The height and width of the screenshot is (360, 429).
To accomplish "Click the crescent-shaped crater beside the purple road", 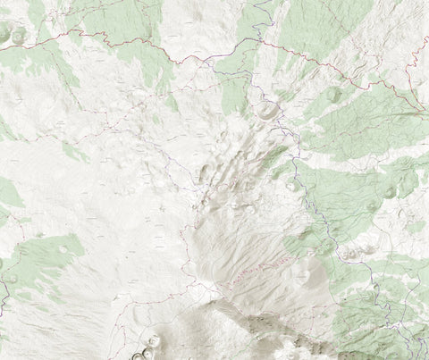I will pos(267,112).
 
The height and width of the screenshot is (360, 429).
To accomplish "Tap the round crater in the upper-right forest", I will pos(334,94).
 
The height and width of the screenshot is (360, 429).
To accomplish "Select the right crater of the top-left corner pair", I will pos(19,36).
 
